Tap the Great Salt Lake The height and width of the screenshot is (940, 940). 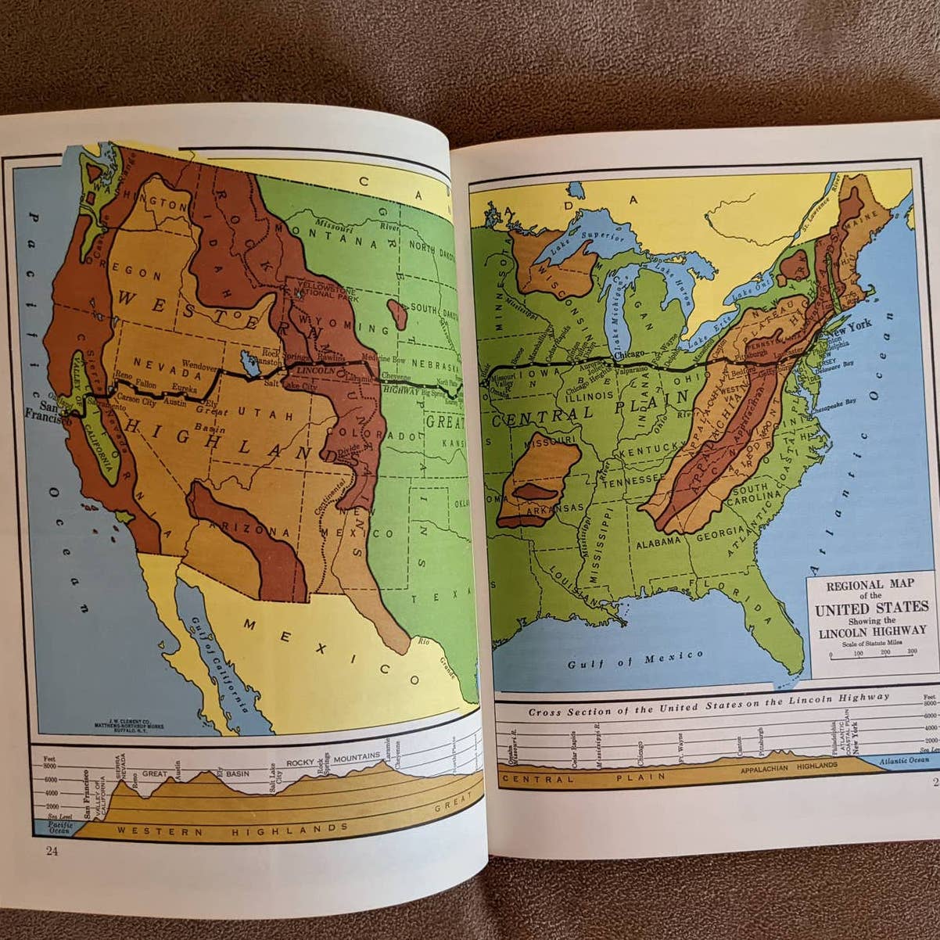(249, 362)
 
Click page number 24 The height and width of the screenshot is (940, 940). (52, 851)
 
